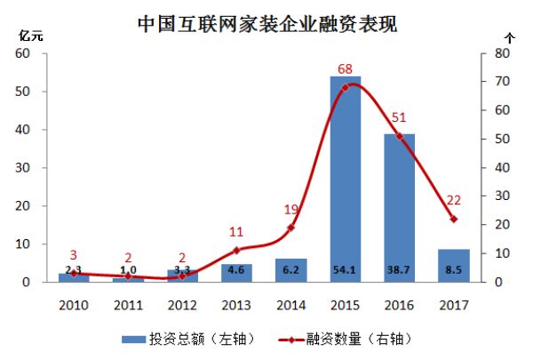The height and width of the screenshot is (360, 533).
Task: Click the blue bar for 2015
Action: point(345,178)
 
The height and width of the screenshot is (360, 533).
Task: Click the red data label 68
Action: point(346,69)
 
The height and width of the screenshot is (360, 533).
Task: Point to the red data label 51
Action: point(400,118)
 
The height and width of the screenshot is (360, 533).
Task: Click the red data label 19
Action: point(290,210)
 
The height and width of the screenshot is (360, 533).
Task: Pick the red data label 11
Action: point(236,233)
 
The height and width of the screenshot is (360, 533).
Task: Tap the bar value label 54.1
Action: point(345,268)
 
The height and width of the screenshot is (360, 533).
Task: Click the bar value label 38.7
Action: point(399,268)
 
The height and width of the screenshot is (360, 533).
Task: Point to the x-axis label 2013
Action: point(236,304)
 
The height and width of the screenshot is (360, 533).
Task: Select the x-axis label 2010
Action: point(73,304)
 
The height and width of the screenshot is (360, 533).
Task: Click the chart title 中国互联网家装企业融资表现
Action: point(266,23)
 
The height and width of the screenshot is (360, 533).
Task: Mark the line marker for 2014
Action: point(290,228)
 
